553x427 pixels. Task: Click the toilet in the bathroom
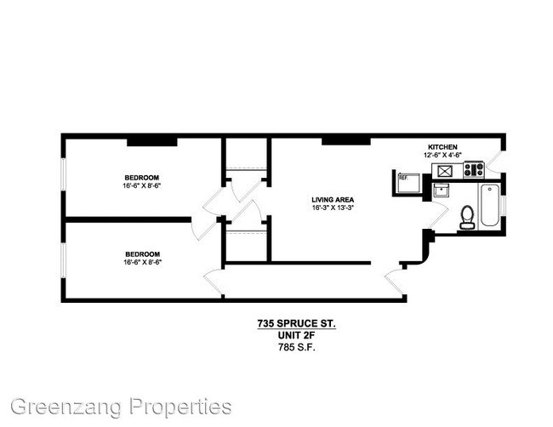point(466,218)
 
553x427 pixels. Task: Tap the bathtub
point(489,205)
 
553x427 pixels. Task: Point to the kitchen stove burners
point(472,170)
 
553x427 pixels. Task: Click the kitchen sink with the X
point(443,170)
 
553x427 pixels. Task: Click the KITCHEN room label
point(442,146)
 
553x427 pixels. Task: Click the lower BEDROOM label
point(141,253)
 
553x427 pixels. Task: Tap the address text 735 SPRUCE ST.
point(297,323)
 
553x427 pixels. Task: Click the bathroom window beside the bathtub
point(505,205)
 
